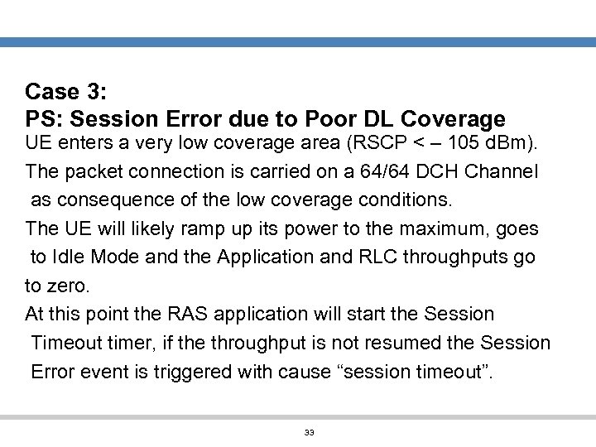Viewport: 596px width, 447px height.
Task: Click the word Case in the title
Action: click(x=51, y=91)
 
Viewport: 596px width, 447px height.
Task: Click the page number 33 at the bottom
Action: click(x=309, y=433)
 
